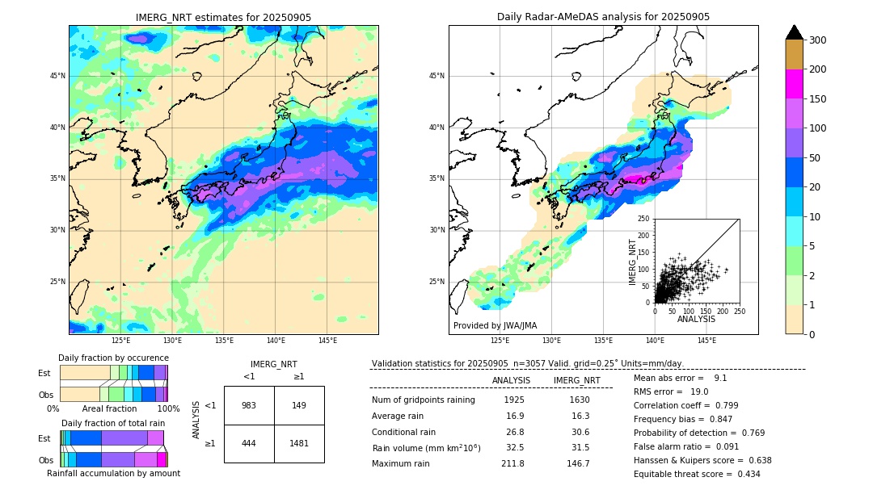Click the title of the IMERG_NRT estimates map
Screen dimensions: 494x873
point(223,17)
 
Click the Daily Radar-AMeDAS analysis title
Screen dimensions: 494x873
point(603,17)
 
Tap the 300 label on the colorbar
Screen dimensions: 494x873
point(817,40)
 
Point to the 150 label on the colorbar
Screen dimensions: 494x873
point(817,98)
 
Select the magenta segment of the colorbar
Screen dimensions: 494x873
point(794,84)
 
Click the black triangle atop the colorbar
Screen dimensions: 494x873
point(794,31)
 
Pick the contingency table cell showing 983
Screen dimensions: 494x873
point(249,405)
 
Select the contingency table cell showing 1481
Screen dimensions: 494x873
point(299,443)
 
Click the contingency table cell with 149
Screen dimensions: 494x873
point(299,405)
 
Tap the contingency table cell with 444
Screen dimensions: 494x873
point(249,443)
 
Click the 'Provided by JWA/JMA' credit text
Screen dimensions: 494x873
point(495,326)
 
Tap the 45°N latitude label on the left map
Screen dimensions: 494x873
point(57,76)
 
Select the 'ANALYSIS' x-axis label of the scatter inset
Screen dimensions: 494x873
point(696,319)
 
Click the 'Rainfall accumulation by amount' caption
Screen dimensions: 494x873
point(113,473)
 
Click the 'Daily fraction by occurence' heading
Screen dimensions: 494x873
point(113,358)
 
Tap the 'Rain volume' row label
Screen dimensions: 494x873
point(426,448)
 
